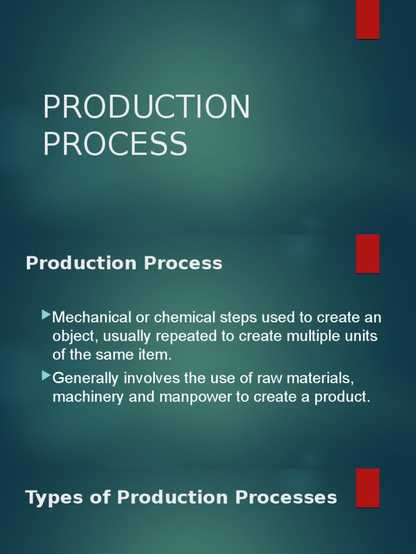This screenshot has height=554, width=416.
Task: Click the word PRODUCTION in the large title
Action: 146,107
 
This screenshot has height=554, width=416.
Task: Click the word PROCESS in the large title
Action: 115,144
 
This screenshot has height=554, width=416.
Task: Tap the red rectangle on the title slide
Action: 367,19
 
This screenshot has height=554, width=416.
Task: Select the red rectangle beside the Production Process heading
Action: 367,254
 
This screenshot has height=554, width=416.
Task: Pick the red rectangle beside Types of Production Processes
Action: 367,487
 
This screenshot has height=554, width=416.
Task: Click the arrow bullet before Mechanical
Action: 46,314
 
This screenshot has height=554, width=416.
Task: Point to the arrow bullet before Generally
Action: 46,375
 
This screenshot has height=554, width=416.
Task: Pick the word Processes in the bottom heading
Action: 293,497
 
